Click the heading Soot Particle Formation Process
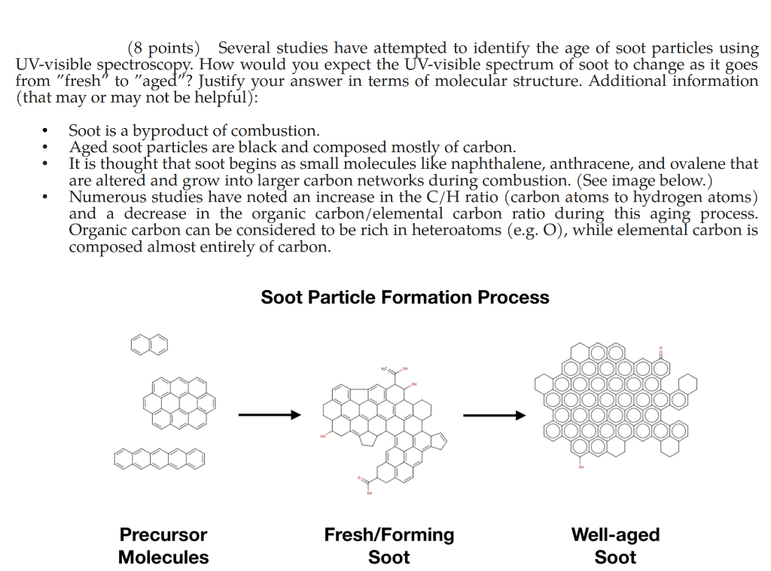point(405,298)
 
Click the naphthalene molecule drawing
point(149,345)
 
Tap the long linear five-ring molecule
point(160,457)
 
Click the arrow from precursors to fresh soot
point(269,414)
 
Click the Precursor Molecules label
point(163,546)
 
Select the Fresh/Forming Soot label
point(389,546)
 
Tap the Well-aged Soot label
point(615,546)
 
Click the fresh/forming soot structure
point(384,426)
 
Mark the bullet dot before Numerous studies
point(47,197)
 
